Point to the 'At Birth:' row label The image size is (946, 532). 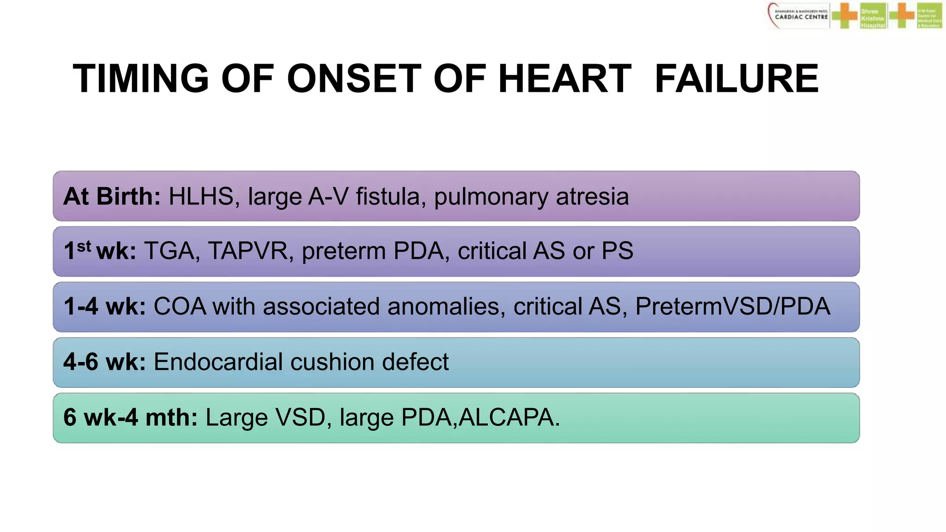click(112, 196)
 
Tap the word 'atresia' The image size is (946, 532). click(592, 196)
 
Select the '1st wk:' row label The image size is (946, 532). click(100, 251)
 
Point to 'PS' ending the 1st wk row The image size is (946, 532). click(617, 251)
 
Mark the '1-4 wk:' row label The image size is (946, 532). click(105, 307)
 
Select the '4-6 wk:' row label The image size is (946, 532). click(105, 362)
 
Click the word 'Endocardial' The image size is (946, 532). click(218, 362)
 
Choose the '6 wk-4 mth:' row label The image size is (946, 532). click(131, 417)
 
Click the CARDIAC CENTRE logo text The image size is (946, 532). click(801, 17)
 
